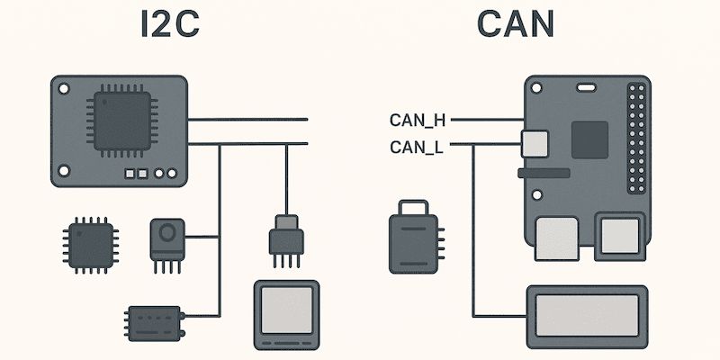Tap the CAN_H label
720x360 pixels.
(x=418, y=120)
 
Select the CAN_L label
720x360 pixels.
(x=416, y=147)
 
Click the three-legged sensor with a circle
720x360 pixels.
(x=166, y=238)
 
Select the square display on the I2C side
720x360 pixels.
(x=286, y=314)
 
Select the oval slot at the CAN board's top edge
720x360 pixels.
(x=587, y=87)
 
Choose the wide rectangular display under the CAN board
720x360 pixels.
(x=585, y=314)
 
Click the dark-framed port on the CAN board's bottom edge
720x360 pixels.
(x=618, y=237)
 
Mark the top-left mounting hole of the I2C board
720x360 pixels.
(x=66, y=90)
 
